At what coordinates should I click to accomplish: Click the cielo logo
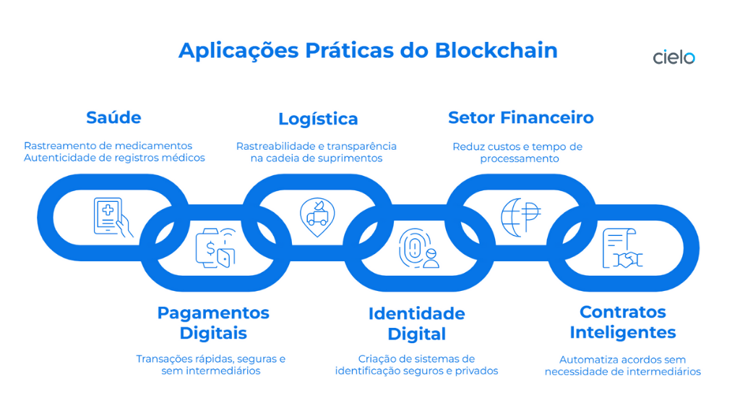click(x=674, y=57)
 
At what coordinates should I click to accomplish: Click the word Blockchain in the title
click(x=496, y=51)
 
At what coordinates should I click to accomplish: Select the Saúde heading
click(x=113, y=117)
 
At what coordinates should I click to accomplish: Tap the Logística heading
click(x=318, y=119)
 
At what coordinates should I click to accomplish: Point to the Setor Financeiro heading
click(x=520, y=117)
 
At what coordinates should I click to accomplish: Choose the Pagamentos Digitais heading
click(x=213, y=323)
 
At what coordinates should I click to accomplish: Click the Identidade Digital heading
click(x=416, y=324)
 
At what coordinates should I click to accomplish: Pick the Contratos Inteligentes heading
click(x=622, y=322)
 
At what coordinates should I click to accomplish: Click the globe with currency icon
click(x=521, y=216)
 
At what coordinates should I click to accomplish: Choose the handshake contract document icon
click(x=622, y=248)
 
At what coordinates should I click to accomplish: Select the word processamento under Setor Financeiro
click(x=519, y=159)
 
